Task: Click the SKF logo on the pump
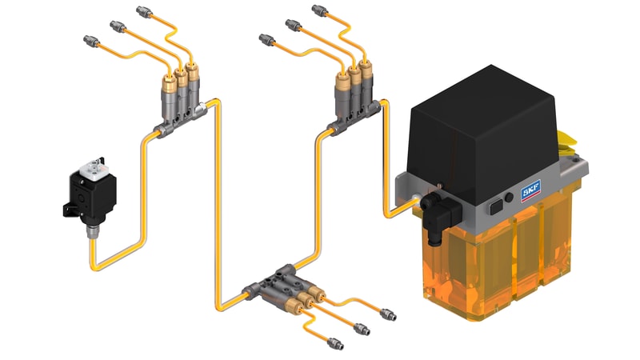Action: click(x=530, y=190)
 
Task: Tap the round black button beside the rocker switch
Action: click(x=509, y=198)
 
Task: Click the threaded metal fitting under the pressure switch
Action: click(x=92, y=231)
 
